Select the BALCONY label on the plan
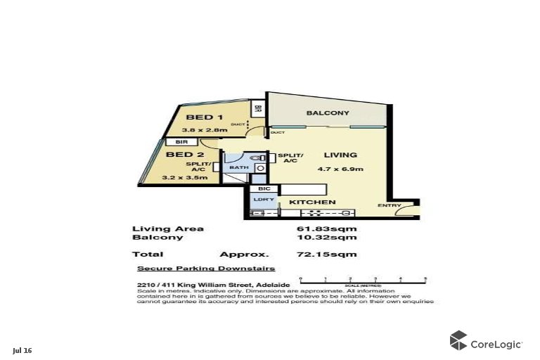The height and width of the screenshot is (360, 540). (328, 113)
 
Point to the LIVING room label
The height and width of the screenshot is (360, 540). (340, 155)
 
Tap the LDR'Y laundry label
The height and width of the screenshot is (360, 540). (260, 200)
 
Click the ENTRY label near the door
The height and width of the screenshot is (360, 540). (389, 205)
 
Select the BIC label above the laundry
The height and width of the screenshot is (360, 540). (264, 189)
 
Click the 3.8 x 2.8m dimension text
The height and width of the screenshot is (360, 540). (205, 130)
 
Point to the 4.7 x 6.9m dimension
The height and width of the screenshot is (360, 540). (340, 169)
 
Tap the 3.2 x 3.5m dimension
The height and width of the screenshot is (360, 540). (186, 177)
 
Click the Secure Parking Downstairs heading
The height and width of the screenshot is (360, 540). (205, 269)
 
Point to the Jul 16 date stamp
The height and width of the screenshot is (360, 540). (22, 349)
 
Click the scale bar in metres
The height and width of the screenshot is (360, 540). (363, 281)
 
